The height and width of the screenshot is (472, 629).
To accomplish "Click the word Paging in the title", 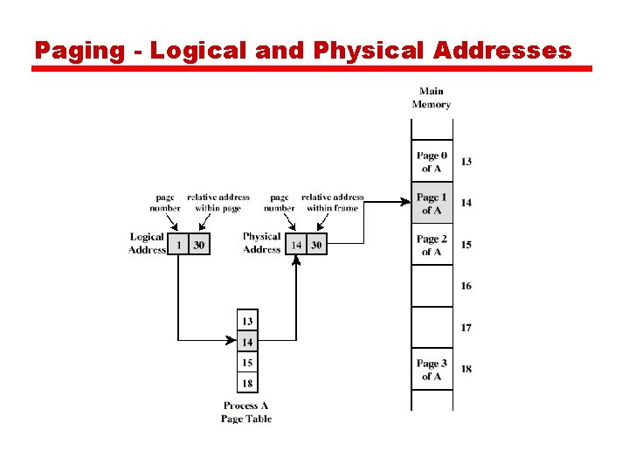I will [x=80, y=51].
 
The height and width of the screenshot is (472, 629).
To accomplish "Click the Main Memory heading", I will [x=431, y=98].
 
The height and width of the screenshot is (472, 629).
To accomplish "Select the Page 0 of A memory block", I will [x=432, y=162].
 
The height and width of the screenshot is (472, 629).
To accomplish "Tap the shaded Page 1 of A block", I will [x=432, y=204].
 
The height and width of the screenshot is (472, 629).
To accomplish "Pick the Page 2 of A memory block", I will [x=432, y=245].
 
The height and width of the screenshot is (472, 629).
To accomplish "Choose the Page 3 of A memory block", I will [x=432, y=370].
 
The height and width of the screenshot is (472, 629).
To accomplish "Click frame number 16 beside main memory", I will [x=467, y=286].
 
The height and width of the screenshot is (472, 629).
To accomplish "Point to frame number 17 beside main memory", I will [x=467, y=328].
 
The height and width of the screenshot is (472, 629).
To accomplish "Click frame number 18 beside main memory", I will [x=467, y=369].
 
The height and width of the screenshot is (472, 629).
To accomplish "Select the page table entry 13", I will [x=248, y=322].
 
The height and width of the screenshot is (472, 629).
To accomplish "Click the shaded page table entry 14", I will [x=248, y=343].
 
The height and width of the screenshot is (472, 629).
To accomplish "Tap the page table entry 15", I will [x=248, y=363].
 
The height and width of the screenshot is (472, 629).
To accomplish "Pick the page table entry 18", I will [x=248, y=383].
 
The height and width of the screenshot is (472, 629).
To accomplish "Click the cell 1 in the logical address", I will [x=179, y=246].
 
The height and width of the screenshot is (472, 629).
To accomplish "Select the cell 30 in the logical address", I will [x=199, y=246].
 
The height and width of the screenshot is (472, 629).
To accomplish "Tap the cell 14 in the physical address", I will [x=296, y=246].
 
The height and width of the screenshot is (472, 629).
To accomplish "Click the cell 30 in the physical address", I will [x=316, y=246].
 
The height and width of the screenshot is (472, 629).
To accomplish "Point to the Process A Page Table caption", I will [x=246, y=412].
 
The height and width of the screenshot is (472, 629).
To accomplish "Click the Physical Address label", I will [x=261, y=243].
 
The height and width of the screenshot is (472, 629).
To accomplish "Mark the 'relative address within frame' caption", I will [x=332, y=203].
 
